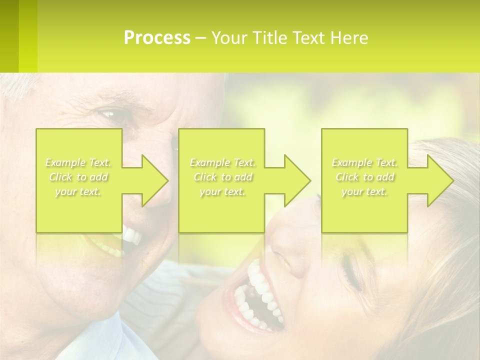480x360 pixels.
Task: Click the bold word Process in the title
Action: [x=157, y=38]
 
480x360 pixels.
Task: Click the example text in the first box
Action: [x=78, y=177]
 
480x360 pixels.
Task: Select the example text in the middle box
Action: [x=222, y=177]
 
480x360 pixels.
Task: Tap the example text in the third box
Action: [x=364, y=177]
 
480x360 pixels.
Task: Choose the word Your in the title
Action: [x=228, y=38]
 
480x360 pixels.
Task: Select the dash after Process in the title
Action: [x=201, y=38]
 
